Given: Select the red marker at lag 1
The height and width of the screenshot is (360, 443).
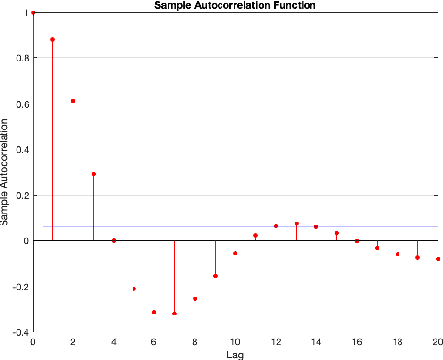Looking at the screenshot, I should (x=52, y=40).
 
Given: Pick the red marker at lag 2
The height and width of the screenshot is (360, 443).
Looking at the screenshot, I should (x=73, y=101).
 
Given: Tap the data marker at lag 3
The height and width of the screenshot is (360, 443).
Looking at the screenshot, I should (x=93, y=174).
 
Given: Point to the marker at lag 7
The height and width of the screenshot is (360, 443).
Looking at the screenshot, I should (x=174, y=314).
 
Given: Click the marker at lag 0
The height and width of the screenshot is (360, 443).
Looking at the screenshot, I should (x=33, y=13).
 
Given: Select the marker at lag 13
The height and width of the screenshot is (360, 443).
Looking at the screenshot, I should (x=296, y=224).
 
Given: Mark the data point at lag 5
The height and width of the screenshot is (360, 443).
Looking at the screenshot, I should (x=133, y=289).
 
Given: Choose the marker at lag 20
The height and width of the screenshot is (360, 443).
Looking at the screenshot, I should (x=438, y=259).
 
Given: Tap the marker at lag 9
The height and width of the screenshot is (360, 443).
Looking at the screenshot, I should (x=215, y=276).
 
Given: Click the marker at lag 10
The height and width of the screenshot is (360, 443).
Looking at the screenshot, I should (x=235, y=253).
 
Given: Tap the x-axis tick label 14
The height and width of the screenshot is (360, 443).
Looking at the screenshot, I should (x=316, y=342).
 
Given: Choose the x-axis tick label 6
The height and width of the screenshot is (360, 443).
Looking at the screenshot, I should (x=154, y=342).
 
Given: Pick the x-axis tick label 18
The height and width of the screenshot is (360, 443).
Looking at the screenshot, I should (x=398, y=342).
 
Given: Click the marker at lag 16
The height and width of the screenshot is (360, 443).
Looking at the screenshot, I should (x=357, y=240).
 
